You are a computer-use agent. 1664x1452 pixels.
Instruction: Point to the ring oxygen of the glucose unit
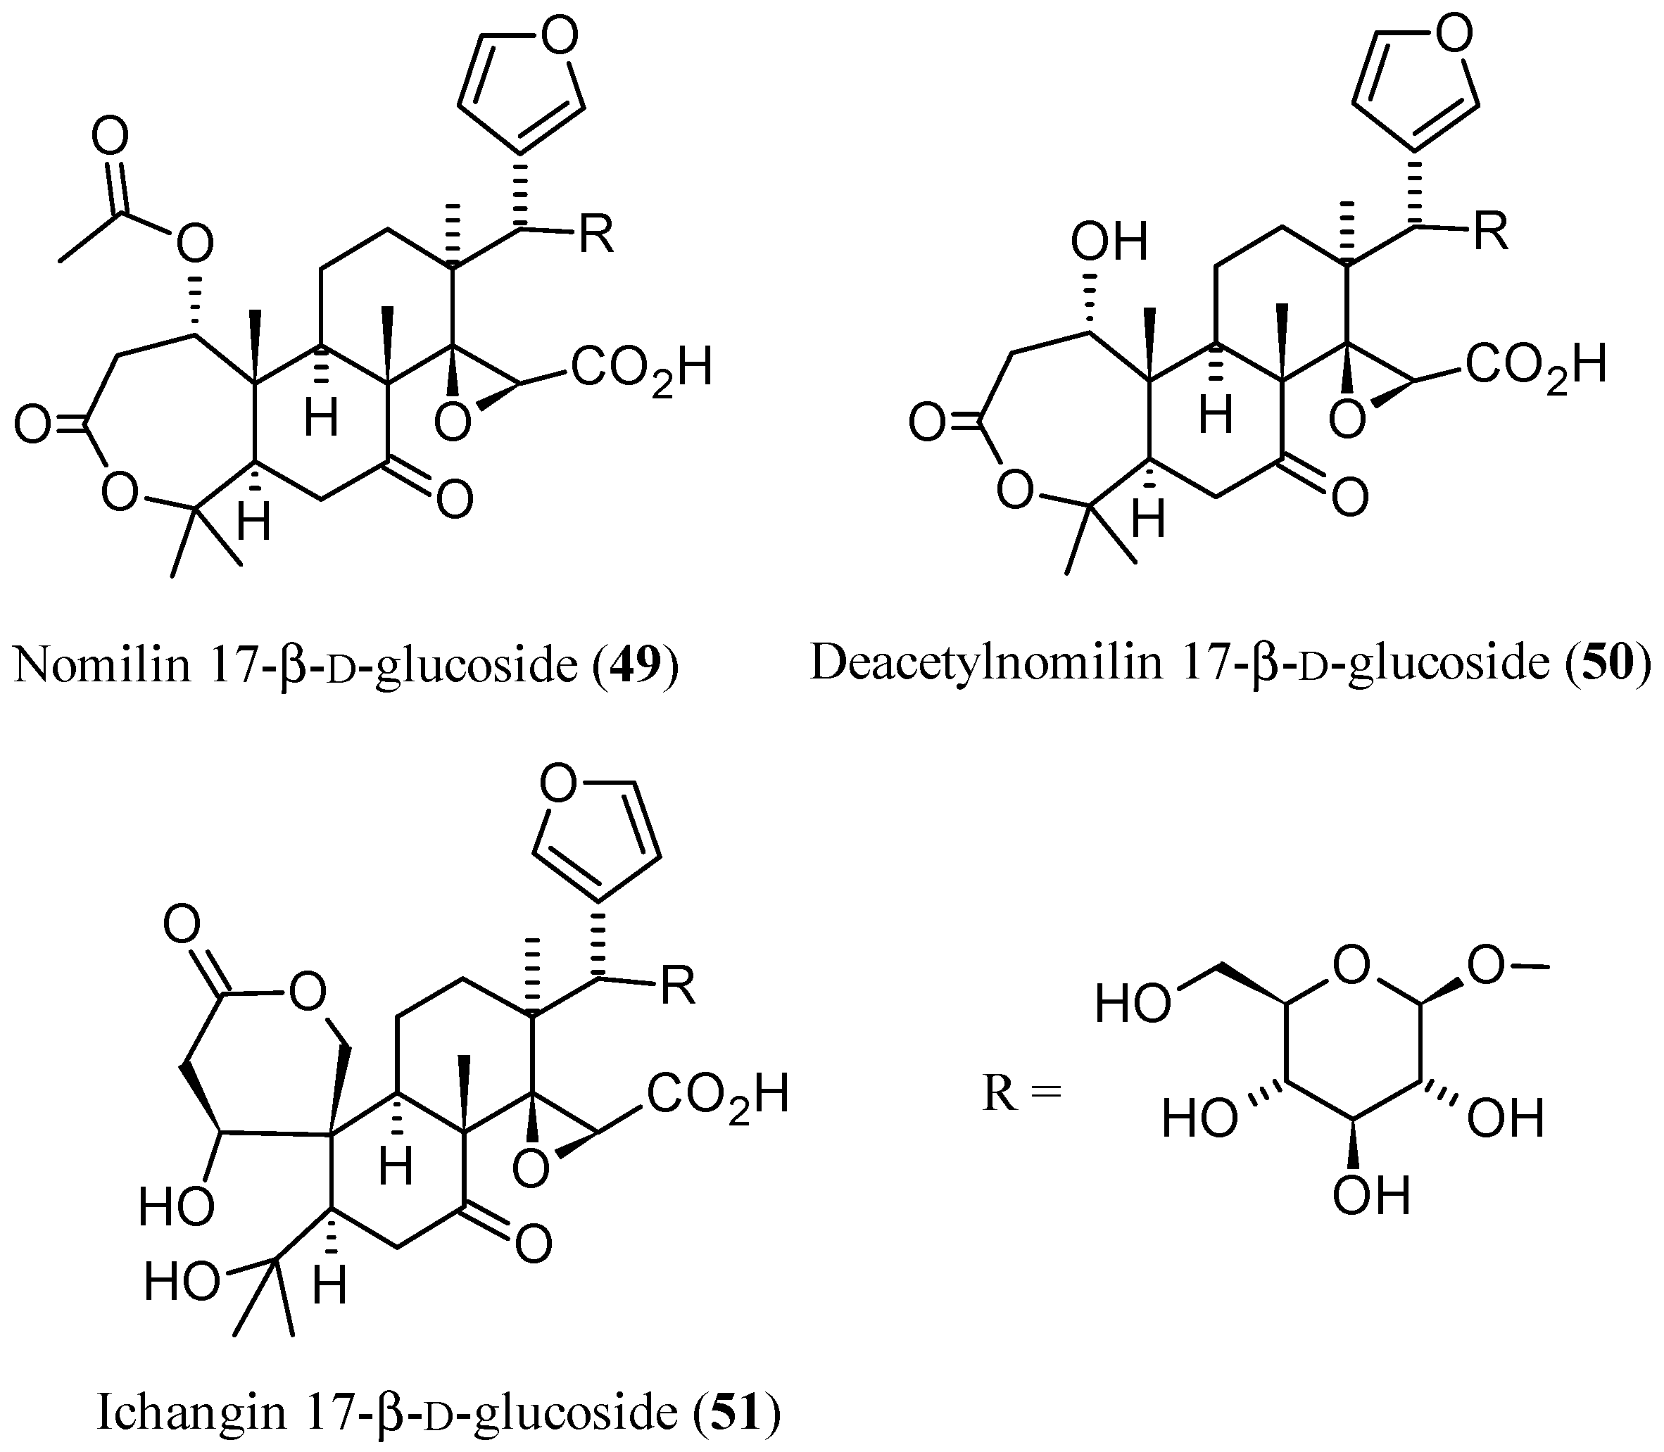click(x=1351, y=965)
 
